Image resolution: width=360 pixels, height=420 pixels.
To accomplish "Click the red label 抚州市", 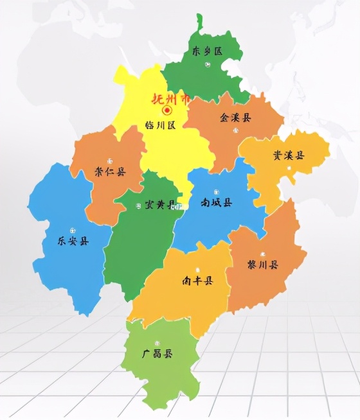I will point(170,100).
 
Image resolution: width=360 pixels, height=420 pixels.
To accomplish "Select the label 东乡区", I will point(207,52).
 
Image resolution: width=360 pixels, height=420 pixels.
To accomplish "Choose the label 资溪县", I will point(288,156).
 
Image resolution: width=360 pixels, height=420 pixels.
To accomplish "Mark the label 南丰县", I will point(197,281).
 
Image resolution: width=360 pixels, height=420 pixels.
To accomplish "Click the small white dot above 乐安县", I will point(73,229).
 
